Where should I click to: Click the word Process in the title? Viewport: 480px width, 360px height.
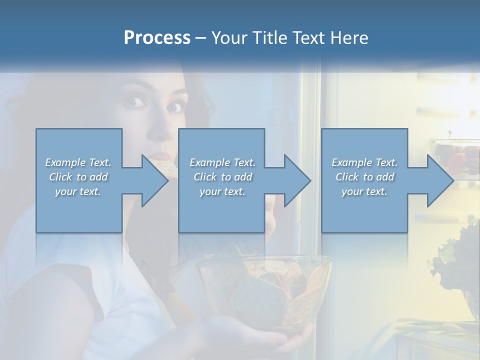coord(157,37)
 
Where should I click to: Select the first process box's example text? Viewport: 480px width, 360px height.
coord(78,177)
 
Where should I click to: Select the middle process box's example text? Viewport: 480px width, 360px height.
coord(222,177)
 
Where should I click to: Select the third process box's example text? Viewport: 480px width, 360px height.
coord(364,177)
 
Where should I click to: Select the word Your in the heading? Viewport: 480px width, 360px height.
coord(229,37)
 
